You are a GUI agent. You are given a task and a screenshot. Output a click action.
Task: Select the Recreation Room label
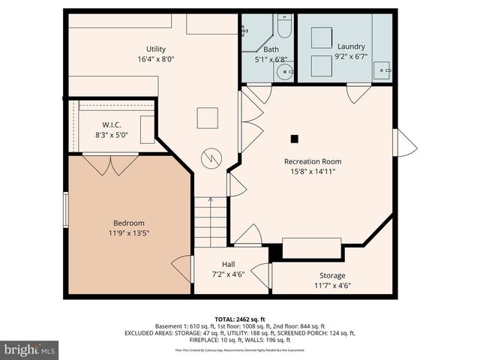pyautogui.click(x=313, y=161)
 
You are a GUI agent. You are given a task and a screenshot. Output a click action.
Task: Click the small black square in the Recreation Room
pyautogui.click(x=295, y=138)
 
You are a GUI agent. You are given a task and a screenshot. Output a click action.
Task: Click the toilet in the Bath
pyautogui.click(x=284, y=28)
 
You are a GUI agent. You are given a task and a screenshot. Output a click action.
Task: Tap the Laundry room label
pyautogui.click(x=351, y=45)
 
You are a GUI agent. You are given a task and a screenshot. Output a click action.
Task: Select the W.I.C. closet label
pyautogui.click(x=112, y=124)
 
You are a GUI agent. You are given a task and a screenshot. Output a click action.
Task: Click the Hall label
pyautogui.click(x=229, y=264)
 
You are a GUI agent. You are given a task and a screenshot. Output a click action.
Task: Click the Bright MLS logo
pyautogui.click(x=30, y=349)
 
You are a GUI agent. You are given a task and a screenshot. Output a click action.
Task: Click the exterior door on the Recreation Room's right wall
pyautogui.click(x=405, y=142)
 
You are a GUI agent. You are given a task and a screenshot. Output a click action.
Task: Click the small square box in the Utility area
pyautogui.click(x=208, y=118)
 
